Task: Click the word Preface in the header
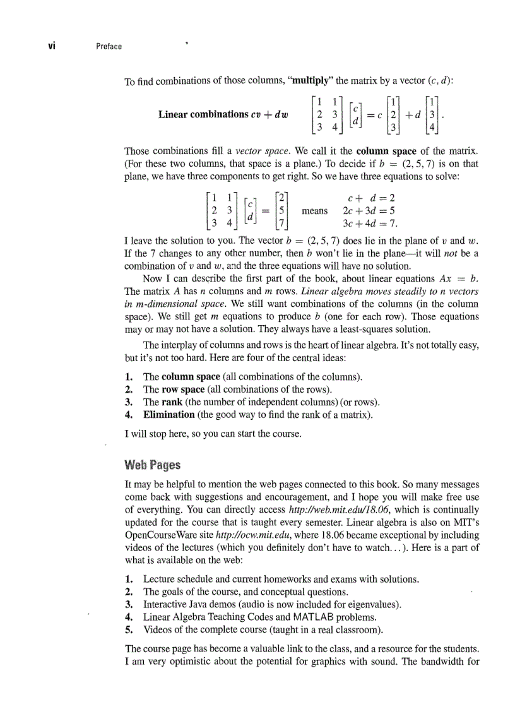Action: coord(109,46)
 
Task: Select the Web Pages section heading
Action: coord(152,465)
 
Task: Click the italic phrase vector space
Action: coord(257,151)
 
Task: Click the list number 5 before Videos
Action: coord(129,629)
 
